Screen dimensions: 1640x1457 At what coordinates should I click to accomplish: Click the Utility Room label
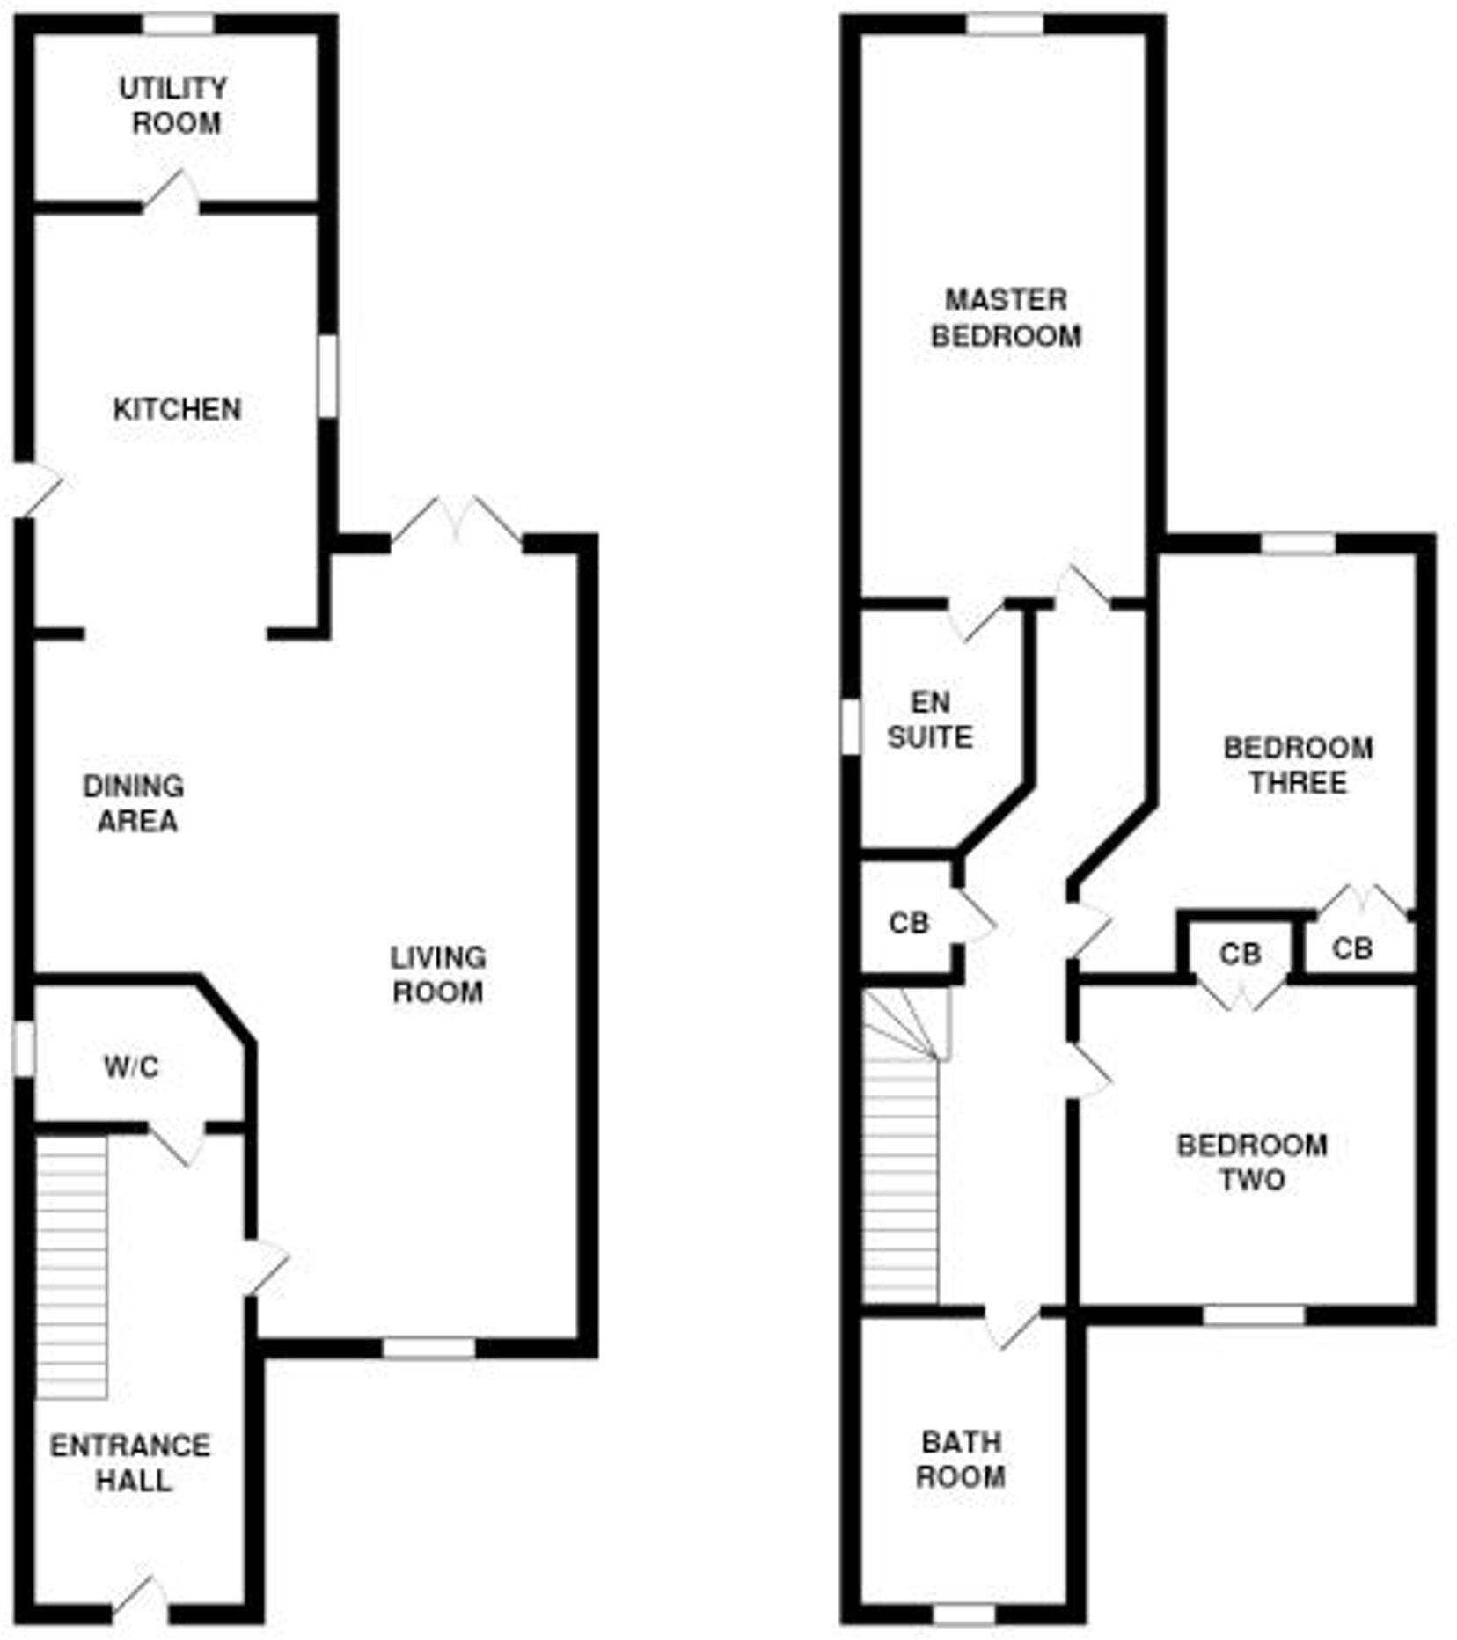click(174, 106)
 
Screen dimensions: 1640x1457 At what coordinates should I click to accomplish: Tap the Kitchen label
click(177, 409)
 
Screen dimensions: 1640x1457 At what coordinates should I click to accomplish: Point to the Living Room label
click(437, 975)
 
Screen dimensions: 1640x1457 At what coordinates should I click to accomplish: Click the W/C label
click(132, 1067)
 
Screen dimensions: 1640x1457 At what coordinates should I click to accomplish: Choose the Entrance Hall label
click(131, 1463)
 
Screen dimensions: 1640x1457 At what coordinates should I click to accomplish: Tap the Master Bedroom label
click(1006, 318)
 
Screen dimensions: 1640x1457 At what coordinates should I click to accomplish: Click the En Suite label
click(930, 720)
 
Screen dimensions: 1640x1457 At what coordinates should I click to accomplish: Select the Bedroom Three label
click(1298, 765)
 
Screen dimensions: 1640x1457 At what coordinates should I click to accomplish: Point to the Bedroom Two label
click(1252, 1162)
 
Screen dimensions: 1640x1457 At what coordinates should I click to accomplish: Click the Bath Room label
click(961, 1460)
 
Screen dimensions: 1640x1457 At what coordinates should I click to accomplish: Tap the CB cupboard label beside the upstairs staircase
click(909, 923)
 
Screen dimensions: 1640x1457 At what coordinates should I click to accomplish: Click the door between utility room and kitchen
click(172, 194)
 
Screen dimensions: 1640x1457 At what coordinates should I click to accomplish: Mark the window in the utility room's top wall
click(179, 25)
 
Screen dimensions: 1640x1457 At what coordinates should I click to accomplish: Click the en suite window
click(850, 727)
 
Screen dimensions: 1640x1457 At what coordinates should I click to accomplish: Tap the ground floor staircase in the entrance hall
click(72, 1267)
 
